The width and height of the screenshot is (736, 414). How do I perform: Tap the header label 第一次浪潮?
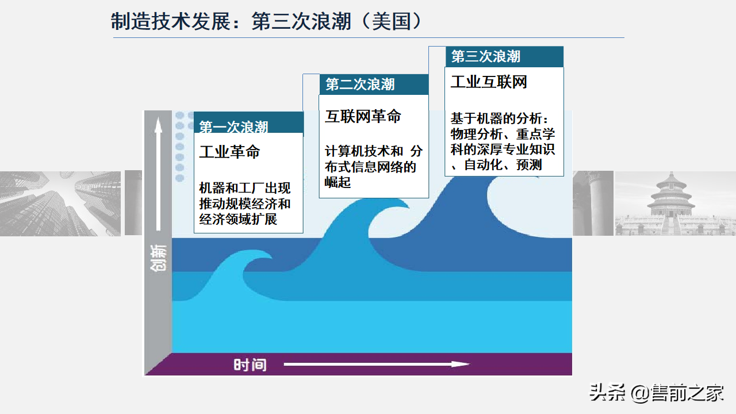[x=233, y=127]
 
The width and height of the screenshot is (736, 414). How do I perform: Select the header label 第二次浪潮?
[x=360, y=85]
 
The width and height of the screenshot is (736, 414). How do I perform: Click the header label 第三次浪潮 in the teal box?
[x=486, y=56]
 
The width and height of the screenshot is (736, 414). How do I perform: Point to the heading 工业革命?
[x=229, y=152]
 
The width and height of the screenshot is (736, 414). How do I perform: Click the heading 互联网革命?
[x=363, y=117]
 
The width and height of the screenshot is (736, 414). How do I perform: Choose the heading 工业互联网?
[x=489, y=82]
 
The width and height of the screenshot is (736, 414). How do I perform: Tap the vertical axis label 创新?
[x=159, y=258]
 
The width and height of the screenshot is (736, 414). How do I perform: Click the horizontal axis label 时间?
[x=250, y=365]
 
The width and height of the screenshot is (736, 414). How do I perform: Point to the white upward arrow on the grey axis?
[x=159, y=172]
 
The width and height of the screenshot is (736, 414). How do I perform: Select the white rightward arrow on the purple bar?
[x=377, y=364]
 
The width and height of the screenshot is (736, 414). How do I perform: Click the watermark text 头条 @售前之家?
[x=656, y=394]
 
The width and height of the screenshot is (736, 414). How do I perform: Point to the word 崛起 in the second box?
[x=338, y=183]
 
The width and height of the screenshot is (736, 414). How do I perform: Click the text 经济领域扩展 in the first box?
[x=238, y=219]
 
